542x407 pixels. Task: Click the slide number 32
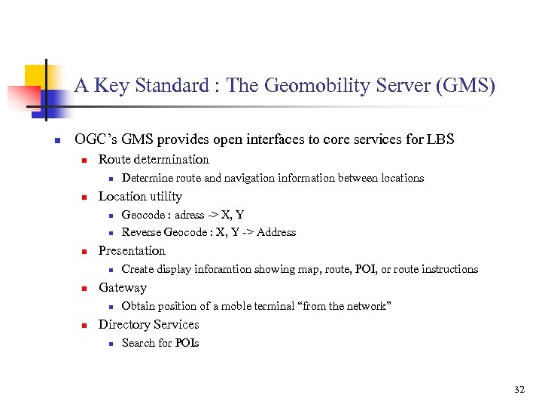(519, 390)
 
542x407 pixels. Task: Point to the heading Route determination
(154, 159)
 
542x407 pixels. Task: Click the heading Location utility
(140, 196)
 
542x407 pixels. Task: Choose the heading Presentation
(132, 250)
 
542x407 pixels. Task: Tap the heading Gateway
(123, 287)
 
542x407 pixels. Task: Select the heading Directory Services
(148, 324)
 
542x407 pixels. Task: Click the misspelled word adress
(190, 214)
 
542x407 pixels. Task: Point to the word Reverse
(142, 232)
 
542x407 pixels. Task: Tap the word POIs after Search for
(187, 343)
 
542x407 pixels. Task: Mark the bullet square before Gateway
(86, 288)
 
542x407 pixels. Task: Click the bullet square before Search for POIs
(109, 344)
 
